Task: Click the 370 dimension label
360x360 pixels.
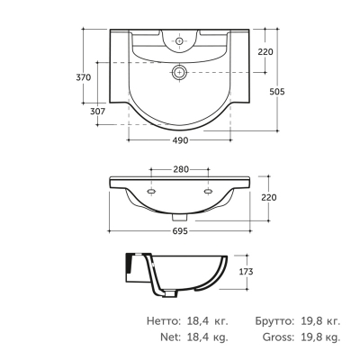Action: point(83,77)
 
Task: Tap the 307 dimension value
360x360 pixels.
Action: point(98,112)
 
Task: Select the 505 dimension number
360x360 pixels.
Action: point(277,92)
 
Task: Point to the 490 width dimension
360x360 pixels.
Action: point(181,140)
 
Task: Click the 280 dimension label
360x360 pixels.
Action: point(181,169)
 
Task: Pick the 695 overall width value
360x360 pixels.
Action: point(180,231)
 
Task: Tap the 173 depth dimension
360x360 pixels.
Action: point(246,272)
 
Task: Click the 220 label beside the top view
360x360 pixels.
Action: point(265,52)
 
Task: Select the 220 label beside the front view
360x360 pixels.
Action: point(269,197)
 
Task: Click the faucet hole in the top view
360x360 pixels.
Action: point(179,40)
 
